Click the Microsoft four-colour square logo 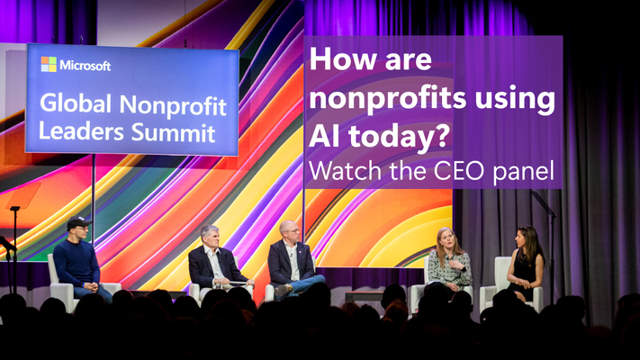point(49,64)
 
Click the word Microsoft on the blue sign point(86,66)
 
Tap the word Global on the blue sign point(76,103)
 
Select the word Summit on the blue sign point(173,132)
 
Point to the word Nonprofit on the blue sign point(173,105)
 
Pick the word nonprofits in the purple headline point(387,100)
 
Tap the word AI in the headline point(322,136)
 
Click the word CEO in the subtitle point(460,171)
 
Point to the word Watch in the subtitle point(347,171)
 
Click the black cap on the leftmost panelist point(78,222)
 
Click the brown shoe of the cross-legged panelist point(284,290)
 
